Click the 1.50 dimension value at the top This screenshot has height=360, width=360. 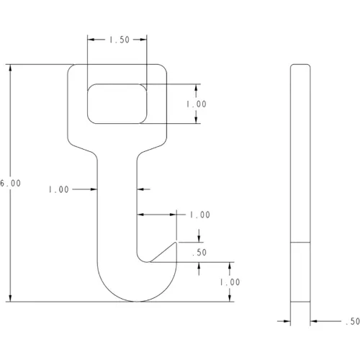[120, 40]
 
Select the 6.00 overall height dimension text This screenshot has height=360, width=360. [10, 184]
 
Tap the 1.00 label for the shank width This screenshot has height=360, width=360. [59, 189]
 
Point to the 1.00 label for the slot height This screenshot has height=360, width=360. [197, 104]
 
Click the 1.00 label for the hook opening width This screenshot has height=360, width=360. [200, 215]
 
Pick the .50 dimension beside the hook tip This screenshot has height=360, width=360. [199, 253]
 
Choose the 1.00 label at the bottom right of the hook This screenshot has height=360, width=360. [230, 282]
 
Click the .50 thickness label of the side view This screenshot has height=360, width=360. [353, 321]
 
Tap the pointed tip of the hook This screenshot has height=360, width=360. [176, 243]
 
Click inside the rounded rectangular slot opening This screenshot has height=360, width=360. [117, 104]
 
